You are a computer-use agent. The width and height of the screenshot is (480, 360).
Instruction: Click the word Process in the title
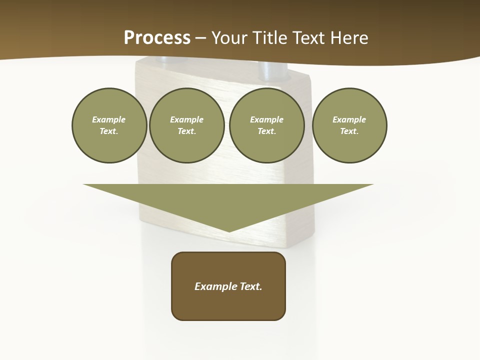pos(157,38)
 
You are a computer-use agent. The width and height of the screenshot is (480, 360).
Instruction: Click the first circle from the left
pos(109,125)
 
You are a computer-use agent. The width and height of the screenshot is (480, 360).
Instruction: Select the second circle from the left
pos(186,125)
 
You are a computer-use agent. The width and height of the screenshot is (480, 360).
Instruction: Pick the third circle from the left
pos(266,125)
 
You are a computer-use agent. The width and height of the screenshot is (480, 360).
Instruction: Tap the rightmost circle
pos(349,125)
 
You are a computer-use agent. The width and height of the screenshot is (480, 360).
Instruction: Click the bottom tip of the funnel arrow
pos(229,230)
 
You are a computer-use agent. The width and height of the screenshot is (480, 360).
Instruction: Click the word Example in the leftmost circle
pos(109,119)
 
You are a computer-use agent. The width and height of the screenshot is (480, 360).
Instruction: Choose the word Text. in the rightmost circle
pos(349,131)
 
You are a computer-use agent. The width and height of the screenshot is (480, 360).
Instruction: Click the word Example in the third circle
pos(266,119)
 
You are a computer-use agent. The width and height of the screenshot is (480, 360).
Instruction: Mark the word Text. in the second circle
pos(186,131)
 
